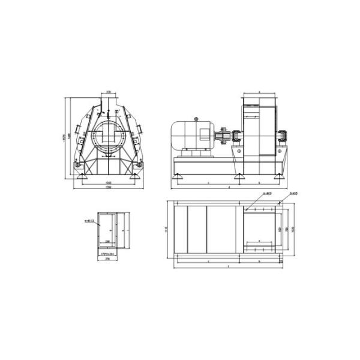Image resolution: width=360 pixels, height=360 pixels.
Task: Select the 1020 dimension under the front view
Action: coord(109,182)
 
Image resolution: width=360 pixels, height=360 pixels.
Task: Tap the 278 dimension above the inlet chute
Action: coord(109,92)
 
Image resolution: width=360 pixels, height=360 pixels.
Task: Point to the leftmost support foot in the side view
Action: coord(178,176)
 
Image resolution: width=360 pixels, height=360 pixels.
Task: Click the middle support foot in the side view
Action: coord(239,176)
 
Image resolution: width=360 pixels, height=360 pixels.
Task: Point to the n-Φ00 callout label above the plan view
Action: coord(267,193)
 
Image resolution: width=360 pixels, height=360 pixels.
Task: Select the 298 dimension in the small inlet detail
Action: coord(107,242)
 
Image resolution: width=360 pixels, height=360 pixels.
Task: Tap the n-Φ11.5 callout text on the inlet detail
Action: coord(91,221)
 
